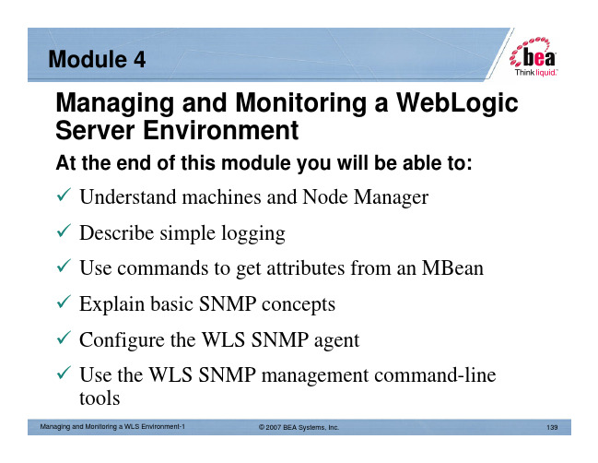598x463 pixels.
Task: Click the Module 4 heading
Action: pyautogui.click(x=97, y=59)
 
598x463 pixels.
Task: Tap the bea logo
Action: pyautogui.click(x=533, y=53)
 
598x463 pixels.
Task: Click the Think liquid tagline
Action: pyautogui.click(x=536, y=72)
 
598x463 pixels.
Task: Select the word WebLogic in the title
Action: pyautogui.click(x=457, y=103)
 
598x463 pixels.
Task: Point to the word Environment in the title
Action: pyautogui.click(x=220, y=130)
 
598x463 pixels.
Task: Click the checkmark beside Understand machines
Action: pyautogui.click(x=64, y=195)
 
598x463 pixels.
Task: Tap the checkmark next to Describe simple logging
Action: pyautogui.click(x=64, y=231)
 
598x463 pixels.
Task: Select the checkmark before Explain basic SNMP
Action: pyautogui.click(x=64, y=302)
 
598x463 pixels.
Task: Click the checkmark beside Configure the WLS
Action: pyautogui.click(x=64, y=337)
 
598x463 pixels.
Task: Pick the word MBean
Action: pyautogui.click(x=452, y=267)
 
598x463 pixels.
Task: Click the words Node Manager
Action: pyautogui.click(x=365, y=197)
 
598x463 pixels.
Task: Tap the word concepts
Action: pyautogui.click(x=299, y=304)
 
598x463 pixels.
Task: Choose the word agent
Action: pyautogui.click(x=336, y=340)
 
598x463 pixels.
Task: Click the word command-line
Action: pyautogui.click(x=435, y=374)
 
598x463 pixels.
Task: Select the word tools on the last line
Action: pyautogui.click(x=100, y=398)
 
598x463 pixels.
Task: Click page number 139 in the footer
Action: pyautogui.click(x=552, y=427)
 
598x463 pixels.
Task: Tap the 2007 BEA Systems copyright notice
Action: pyautogui.click(x=299, y=427)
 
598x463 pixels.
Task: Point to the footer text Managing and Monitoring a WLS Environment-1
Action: pyautogui.click(x=112, y=427)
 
